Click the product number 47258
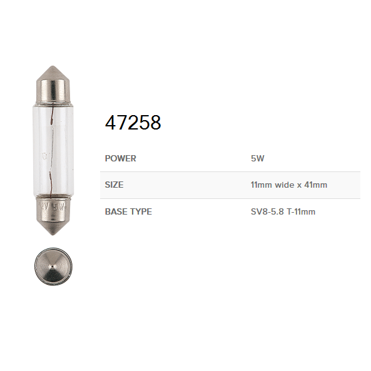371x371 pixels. pos(133,123)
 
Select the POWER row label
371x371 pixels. pos(120,158)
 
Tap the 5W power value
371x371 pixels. pos(257,158)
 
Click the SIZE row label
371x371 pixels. pos(114,185)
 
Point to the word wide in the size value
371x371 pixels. pos(285,185)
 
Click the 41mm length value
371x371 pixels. pos(316,185)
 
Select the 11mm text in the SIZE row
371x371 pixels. pos(262,185)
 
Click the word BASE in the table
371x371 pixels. pos(116,211)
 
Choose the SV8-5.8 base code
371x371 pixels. pos(267,211)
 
